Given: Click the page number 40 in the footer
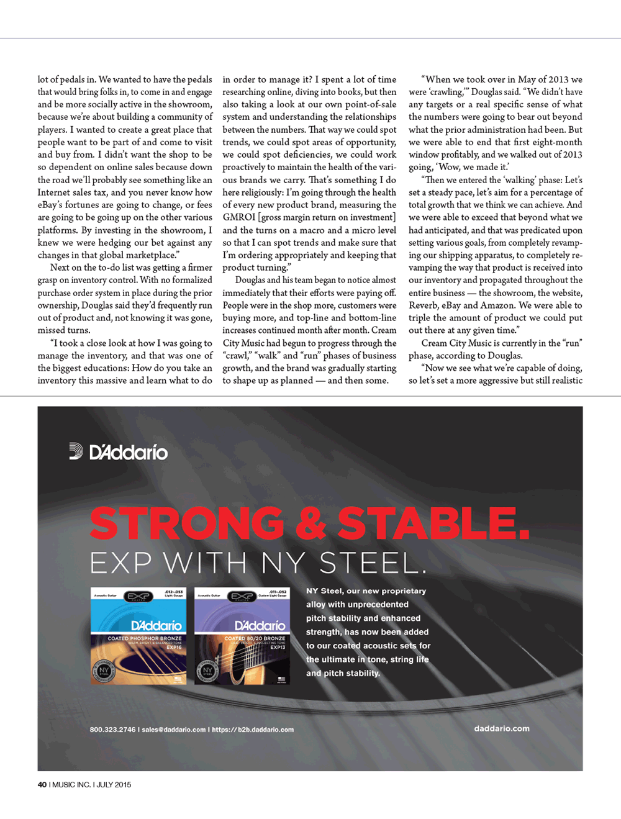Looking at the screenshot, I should tap(42, 784).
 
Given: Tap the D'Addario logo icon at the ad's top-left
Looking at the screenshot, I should tap(76, 451).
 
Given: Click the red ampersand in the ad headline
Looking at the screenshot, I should tap(310, 523).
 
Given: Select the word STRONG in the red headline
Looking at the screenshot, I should tap(187, 523).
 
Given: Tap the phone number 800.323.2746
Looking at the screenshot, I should tap(112, 730).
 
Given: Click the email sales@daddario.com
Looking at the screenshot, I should tap(173, 730).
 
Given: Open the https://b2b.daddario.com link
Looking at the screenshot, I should tap(253, 730).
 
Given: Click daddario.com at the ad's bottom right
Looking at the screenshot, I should tap(502, 728).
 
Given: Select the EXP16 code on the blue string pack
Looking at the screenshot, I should tap(174, 647).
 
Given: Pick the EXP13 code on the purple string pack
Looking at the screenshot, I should tap(278, 647).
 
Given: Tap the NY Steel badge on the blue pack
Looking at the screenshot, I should tap(104, 671).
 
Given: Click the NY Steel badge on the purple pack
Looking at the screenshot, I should tap(207, 671).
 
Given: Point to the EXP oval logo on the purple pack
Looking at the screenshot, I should tap(242, 597).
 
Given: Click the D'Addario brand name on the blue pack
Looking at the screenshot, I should tap(156, 625).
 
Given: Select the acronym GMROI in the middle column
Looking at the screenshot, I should tap(240, 217).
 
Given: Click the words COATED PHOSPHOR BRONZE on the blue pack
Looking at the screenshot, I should tap(145, 638).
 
